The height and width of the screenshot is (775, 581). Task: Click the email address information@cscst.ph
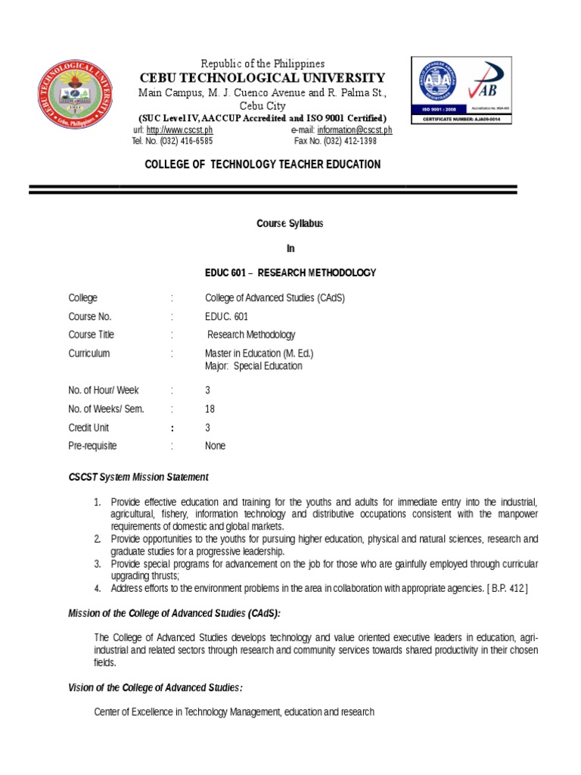tap(355, 130)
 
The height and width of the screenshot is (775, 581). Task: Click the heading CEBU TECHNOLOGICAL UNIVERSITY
tap(261, 78)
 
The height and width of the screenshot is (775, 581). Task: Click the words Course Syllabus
tap(290, 224)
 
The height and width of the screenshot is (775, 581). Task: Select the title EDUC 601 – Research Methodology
tap(290, 272)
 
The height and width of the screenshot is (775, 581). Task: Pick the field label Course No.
tap(89, 316)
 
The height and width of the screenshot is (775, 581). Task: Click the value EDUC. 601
tap(226, 316)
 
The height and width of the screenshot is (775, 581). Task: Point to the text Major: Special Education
tap(253, 366)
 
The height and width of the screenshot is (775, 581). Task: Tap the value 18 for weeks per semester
tap(210, 409)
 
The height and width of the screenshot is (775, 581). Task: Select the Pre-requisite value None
tap(215, 446)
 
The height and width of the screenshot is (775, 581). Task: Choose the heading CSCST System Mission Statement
tap(138, 478)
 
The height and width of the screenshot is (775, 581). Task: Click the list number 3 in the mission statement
tap(97, 564)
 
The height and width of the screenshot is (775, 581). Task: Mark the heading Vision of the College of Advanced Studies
tap(156, 687)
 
